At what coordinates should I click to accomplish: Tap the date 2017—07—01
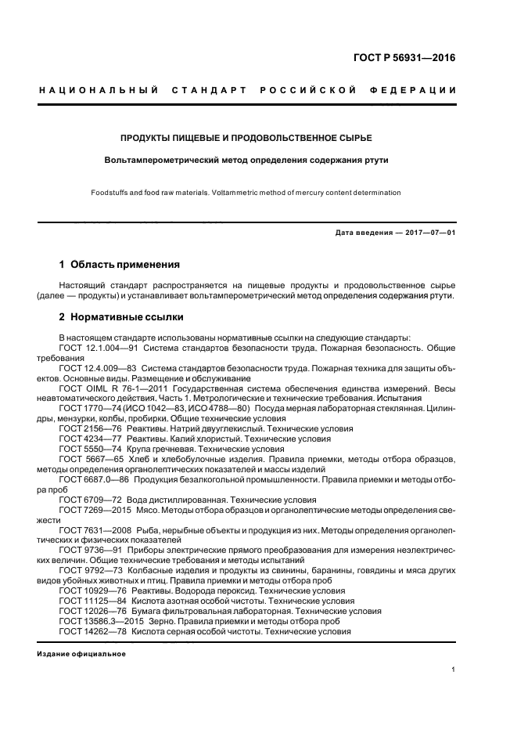tap(429, 233)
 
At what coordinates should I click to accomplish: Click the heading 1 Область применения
tap(119, 265)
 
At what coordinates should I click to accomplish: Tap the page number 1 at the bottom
tap(454, 670)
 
